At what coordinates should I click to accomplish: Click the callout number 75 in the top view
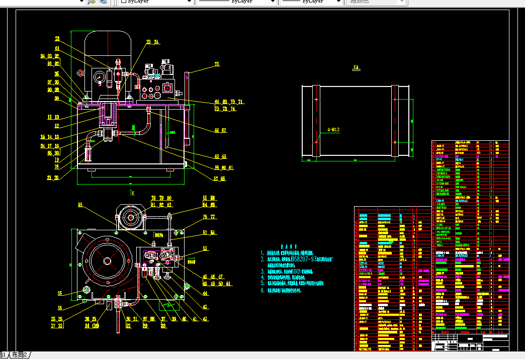coord(217,64)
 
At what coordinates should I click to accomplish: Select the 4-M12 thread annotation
coord(333,130)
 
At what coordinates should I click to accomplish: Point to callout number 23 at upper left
coord(57,39)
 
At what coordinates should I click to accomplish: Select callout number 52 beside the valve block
coord(205,248)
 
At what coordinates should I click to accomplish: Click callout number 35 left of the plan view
coord(60,294)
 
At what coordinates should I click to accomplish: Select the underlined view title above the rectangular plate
coord(356,66)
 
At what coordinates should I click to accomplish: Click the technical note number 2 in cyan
coord(262,259)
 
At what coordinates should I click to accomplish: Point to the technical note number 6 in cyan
coord(262,290)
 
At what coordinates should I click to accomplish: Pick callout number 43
coord(205,307)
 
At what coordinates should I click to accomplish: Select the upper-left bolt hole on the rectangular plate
coord(316,99)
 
